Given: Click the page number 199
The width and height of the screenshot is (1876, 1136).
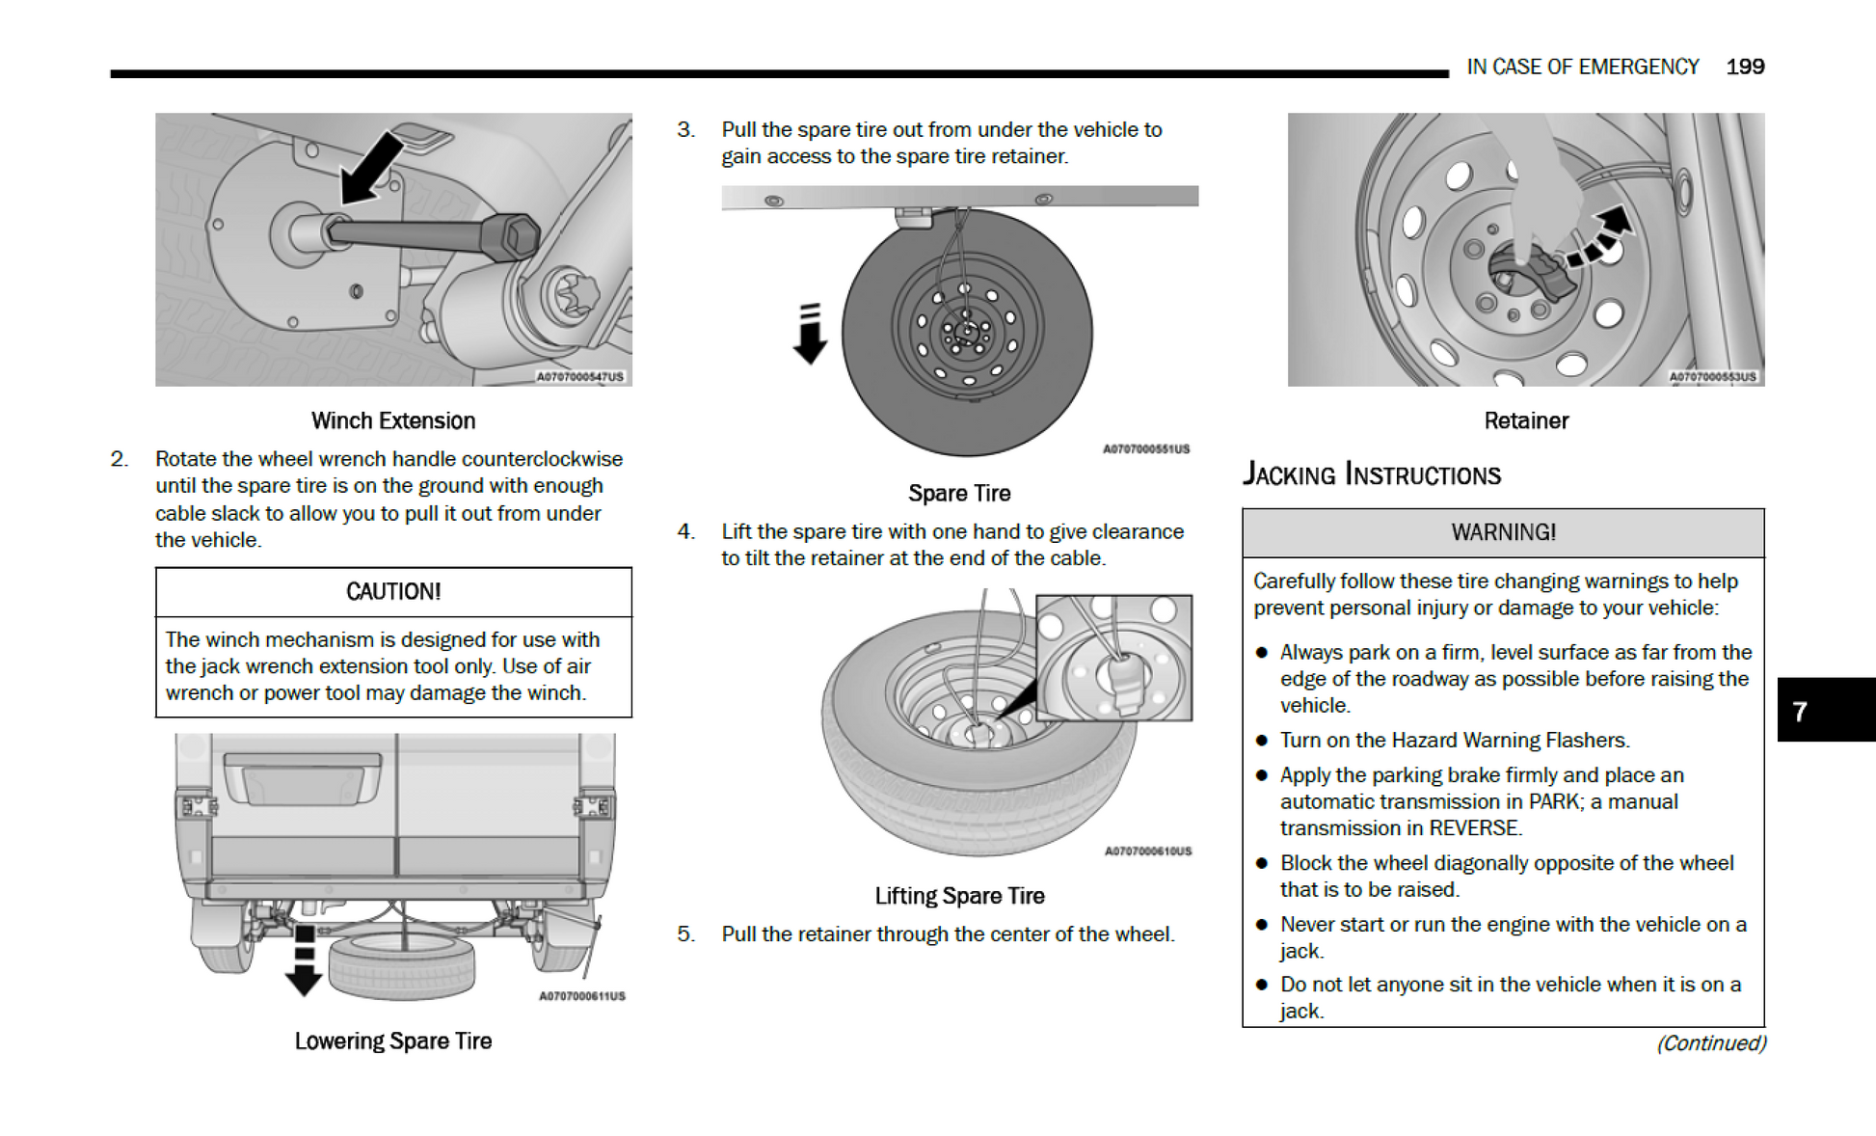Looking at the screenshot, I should (x=1744, y=67).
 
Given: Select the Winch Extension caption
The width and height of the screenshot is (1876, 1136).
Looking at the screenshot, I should (x=393, y=420).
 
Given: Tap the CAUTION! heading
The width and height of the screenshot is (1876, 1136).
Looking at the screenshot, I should (x=393, y=591).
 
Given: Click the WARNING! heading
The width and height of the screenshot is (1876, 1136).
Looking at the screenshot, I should (x=1503, y=532).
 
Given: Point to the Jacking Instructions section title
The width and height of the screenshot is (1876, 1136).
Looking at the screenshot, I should (x=1371, y=474).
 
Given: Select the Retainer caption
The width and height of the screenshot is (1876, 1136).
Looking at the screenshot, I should (x=1526, y=420).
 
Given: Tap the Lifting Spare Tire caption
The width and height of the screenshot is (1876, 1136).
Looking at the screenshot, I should (x=959, y=896).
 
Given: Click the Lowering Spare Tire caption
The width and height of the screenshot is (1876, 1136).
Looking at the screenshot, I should (x=393, y=1041).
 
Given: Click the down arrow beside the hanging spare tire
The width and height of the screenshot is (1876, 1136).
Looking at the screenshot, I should (x=810, y=334).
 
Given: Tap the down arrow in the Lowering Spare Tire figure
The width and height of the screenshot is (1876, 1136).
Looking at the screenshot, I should (x=305, y=960).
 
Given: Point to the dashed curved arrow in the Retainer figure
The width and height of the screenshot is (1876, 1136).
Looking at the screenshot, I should (x=1600, y=237).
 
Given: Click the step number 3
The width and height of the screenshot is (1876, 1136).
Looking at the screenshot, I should (x=685, y=129).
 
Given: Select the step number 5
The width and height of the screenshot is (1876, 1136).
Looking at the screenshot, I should (x=685, y=933).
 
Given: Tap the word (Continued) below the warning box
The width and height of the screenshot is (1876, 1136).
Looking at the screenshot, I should (x=1711, y=1043).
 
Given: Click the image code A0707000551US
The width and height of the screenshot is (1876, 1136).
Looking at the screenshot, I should (x=1146, y=449).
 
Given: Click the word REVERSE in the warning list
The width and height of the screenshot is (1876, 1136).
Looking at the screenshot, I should (x=1474, y=828).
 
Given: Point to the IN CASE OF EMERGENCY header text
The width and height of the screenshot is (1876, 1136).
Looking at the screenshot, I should (x=1582, y=67).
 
